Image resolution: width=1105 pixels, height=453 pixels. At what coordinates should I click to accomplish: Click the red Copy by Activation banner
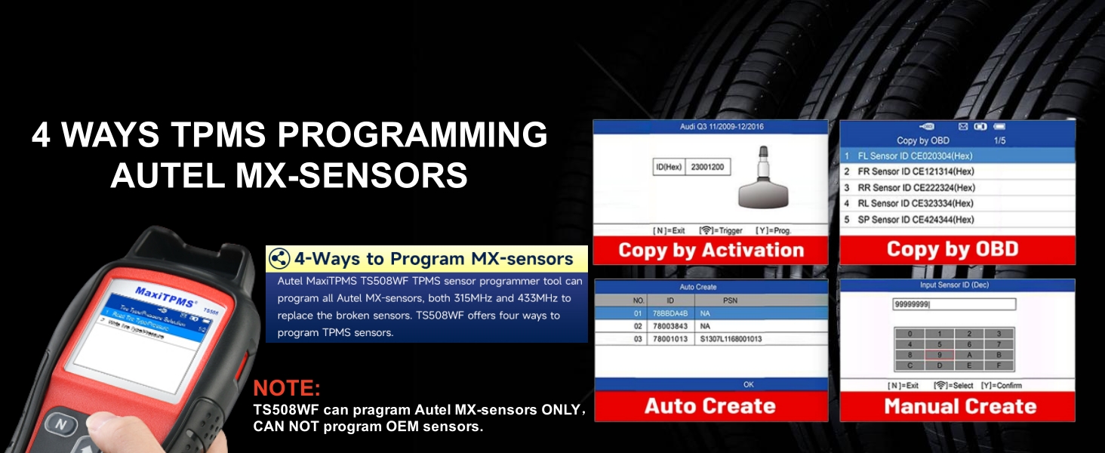[710, 251]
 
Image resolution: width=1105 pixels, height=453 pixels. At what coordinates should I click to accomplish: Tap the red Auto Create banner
[710, 406]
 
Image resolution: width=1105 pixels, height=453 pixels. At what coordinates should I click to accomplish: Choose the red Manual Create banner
[957, 407]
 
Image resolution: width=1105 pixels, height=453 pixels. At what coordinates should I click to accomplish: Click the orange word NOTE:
[287, 389]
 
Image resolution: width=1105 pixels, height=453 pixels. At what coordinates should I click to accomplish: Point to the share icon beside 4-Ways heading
[279, 259]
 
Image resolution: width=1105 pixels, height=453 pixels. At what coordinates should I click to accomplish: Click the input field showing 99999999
[954, 304]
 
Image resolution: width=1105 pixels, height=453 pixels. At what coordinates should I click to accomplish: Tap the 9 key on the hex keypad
[938, 354]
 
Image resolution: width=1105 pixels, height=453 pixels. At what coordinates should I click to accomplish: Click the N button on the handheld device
[61, 424]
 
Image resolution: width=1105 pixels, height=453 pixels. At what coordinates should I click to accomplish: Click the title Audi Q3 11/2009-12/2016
[710, 127]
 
